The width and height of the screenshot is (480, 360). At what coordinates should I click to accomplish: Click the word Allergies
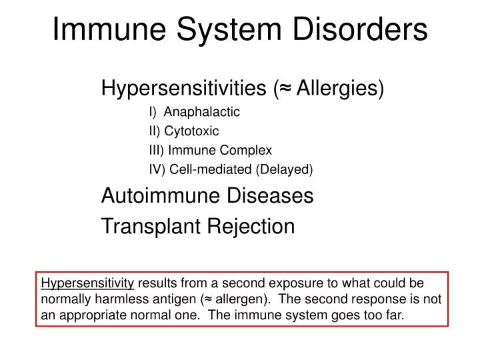pyautogui.click(x=340, y=88)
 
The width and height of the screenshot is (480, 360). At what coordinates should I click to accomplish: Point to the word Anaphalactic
pyautogui.click(x=201, y=112)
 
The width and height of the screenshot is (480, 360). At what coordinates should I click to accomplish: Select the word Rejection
pyautogui.click(x=251, y=227)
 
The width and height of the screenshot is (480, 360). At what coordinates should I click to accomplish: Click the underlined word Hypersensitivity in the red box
pyautogui.click(x=87, y=283)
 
